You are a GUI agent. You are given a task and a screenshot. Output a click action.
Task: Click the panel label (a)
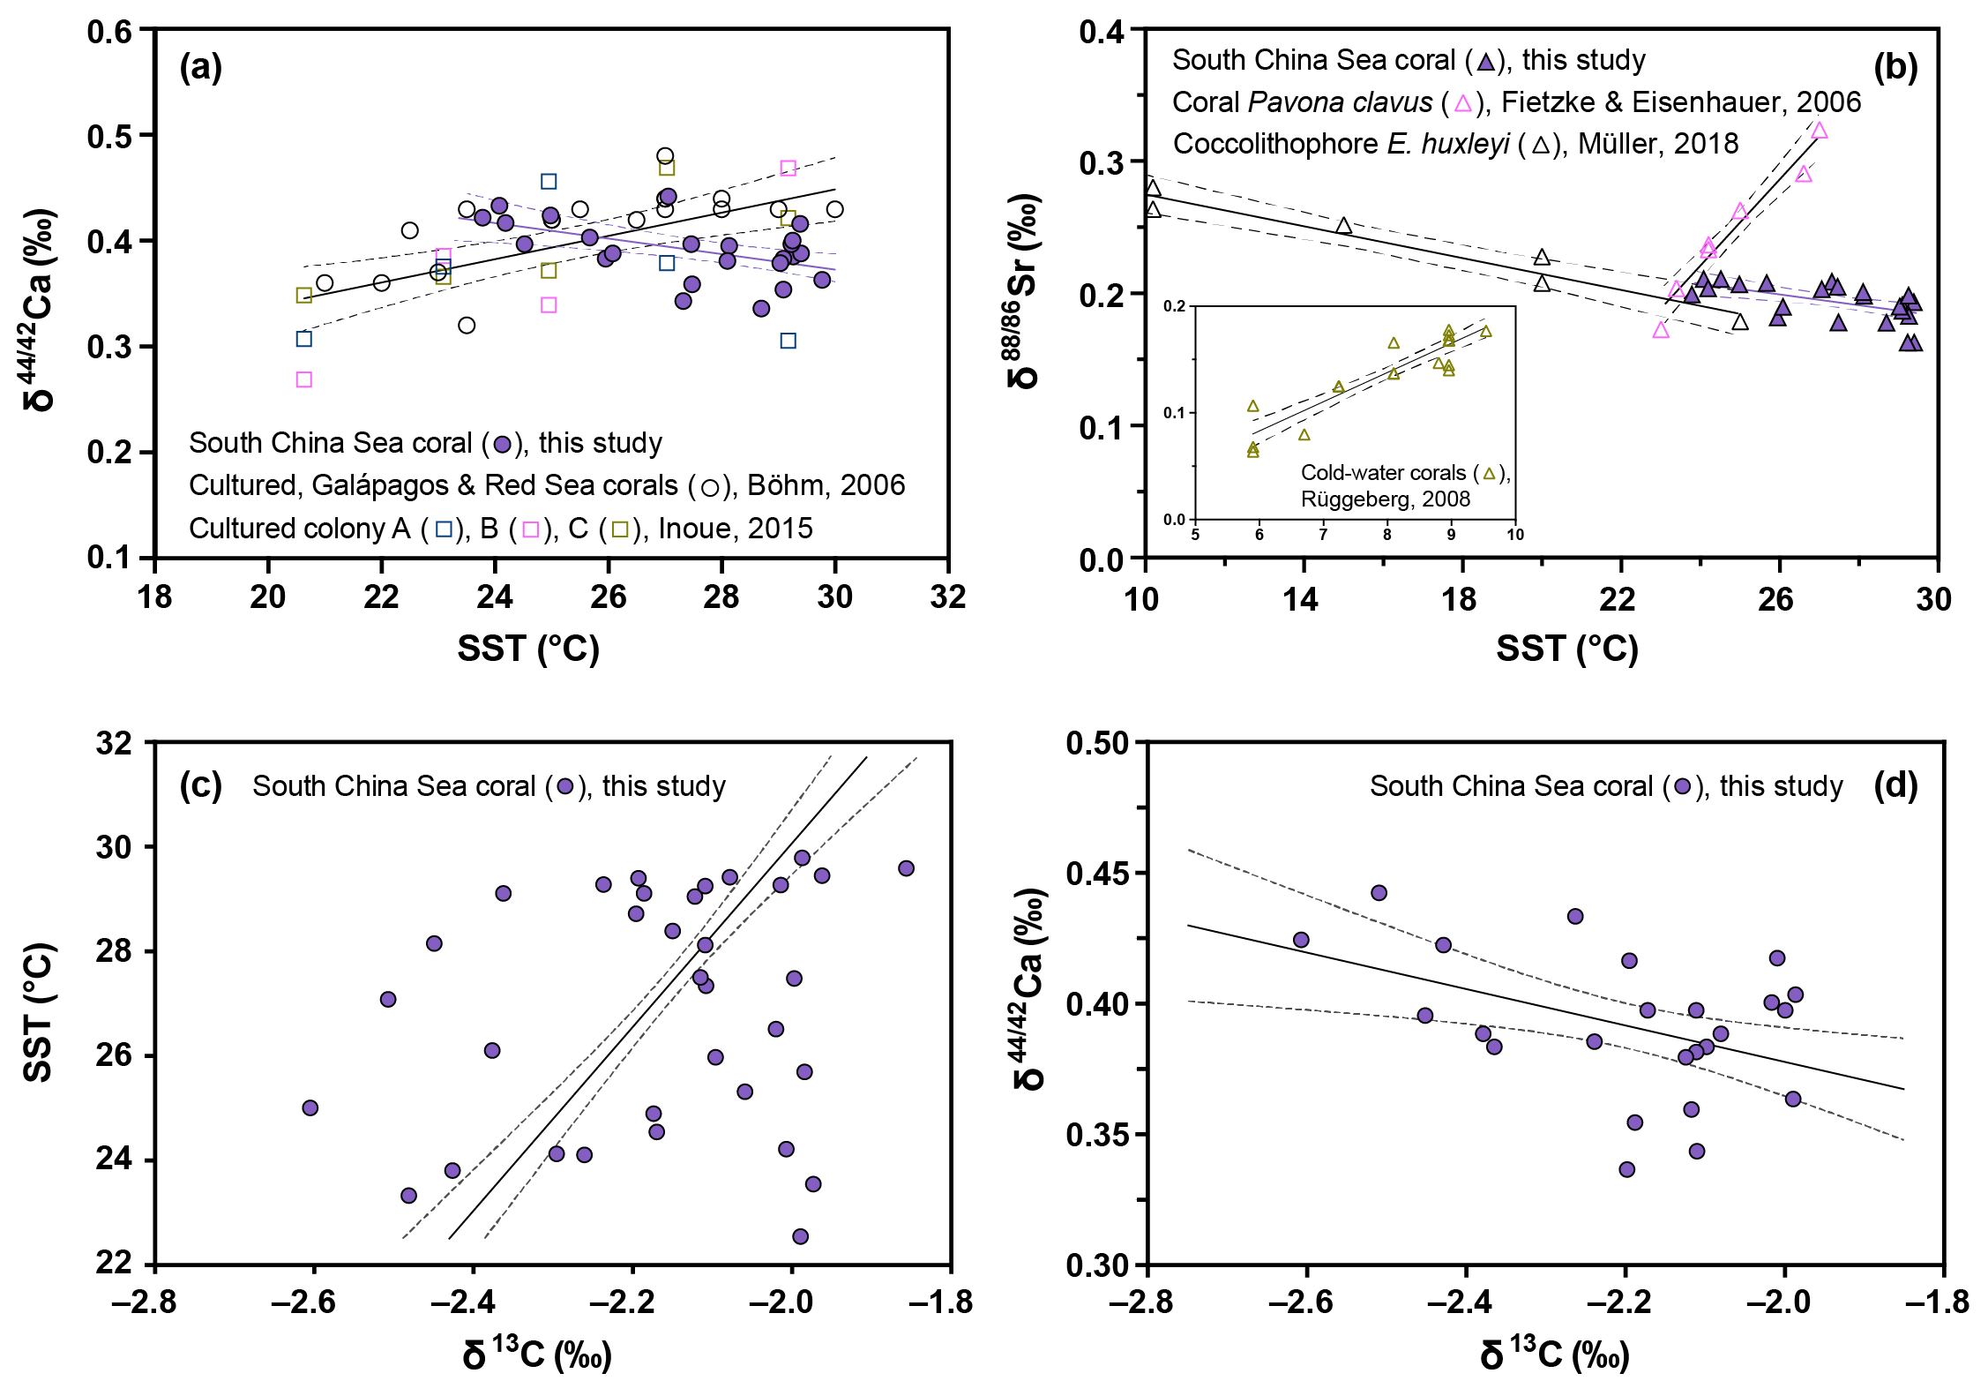click(x=200, y=66)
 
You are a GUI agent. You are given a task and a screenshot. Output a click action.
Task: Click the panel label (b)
click(x=1896, y=66)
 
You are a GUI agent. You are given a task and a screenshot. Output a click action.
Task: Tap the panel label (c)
click(x=200, y=784)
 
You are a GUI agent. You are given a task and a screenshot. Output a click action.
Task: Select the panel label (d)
click(x=1896, y=784)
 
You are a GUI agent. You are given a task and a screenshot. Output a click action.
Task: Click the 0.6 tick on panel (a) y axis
click(x=109, y=32)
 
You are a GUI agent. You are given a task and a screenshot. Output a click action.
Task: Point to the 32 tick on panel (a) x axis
click(x=948, y=597)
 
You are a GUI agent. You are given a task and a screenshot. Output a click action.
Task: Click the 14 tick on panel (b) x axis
click(x=1300, y=599)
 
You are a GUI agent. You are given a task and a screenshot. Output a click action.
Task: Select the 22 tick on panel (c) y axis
click(x=114, y=1264)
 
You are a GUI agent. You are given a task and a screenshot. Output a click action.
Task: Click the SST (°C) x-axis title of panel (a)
click(x=528, y=649)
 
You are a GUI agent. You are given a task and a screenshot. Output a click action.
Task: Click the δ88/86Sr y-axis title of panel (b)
click(x=1024, y=291)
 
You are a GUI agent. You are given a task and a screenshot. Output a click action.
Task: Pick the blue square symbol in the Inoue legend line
click(x=445, y=529)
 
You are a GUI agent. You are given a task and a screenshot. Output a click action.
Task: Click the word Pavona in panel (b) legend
click(x=1296, y=102)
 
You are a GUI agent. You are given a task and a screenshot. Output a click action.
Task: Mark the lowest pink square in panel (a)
click(x=304, y=379)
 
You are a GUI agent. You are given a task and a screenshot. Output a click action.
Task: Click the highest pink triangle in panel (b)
click(x=1819, y=131)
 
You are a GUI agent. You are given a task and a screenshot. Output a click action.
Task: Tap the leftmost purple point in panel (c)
click(x=310, y=1107)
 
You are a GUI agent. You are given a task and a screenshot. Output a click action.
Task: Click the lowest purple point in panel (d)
click(x=1627, y=1169)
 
